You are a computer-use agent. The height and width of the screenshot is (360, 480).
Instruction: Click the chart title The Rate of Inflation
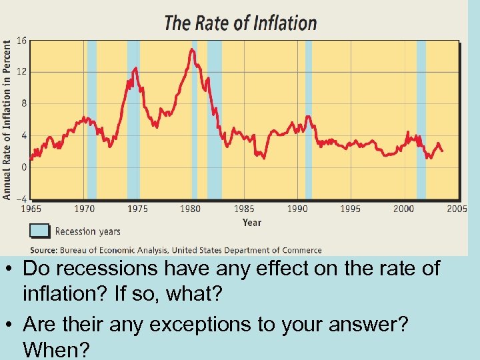point(240,23)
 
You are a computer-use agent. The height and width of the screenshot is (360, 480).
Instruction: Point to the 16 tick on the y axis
point(21,41)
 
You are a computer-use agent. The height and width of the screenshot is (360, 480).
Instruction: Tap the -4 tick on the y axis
point(21,199)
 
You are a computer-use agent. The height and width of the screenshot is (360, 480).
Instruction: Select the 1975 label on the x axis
point(137,209)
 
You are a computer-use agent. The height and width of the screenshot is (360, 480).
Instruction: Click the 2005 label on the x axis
point(457,209)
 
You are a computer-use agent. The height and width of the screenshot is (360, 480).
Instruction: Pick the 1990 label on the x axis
point(297,209)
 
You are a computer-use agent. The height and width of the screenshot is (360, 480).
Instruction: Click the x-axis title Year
point(252,223)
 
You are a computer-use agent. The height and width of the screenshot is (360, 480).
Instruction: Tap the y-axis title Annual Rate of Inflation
point(7,120)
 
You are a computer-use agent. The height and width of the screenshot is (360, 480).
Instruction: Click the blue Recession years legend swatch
point(40,231)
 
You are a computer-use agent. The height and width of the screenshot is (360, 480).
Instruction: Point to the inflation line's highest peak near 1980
point(192,49)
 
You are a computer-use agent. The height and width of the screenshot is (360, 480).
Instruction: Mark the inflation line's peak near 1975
point(136,67)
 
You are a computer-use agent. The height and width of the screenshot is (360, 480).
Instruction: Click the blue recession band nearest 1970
point(92,120)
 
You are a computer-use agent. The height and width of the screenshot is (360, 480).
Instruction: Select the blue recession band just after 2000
point(421,120)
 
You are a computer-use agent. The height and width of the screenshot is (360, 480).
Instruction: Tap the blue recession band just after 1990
point(309,120)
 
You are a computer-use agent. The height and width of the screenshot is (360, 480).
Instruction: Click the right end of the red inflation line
point(442,151)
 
